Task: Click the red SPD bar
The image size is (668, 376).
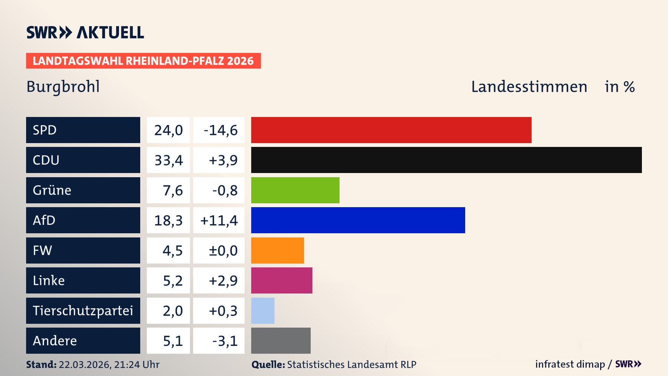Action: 391,130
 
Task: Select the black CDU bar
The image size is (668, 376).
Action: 446,160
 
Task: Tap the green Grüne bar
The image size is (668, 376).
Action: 295,190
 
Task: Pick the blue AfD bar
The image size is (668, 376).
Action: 358,220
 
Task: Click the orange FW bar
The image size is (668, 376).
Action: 277,250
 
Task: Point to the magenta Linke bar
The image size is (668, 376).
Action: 281,280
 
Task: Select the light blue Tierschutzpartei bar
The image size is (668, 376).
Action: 263,311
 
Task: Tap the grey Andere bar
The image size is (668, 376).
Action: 281,340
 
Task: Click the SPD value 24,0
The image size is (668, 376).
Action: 168,130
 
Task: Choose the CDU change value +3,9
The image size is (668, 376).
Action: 223,160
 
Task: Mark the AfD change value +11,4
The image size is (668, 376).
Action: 219,220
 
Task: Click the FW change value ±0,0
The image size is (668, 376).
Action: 223,251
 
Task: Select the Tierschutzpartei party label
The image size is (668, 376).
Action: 83,311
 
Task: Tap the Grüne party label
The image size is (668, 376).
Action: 52,190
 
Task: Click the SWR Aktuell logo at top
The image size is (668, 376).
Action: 85,32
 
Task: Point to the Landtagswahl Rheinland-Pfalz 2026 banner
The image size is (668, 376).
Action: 143,61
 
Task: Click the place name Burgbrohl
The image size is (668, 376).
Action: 63,87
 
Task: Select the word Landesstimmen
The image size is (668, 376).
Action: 529,87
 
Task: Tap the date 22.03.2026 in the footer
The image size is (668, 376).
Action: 84,365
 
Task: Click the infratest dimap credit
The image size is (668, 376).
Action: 570,364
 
